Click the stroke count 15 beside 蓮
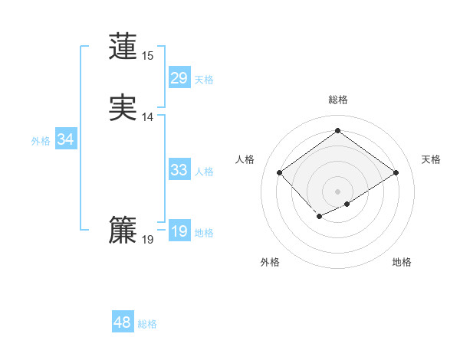[x=147, y=56]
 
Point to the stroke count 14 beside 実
[x=147, y=117]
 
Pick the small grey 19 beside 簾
[x=147, y=240]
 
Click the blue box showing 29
[x=179, y=78]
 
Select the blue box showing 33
[x=179, y=170]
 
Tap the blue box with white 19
[x=179, y=231]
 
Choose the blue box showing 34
[x=65, y=139]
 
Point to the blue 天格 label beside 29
[x=204, y=79]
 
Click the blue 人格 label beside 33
[x=204, y=172]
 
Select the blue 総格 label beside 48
[x=147, y=324]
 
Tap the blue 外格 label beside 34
[x=41, y=141]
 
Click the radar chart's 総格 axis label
[x=337, y=100]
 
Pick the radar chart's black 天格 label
[x=431, y=159]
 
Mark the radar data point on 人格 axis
[x=280, y=172]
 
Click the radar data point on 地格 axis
[x=347, y=204]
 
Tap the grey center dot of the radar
[x=337, y=191]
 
